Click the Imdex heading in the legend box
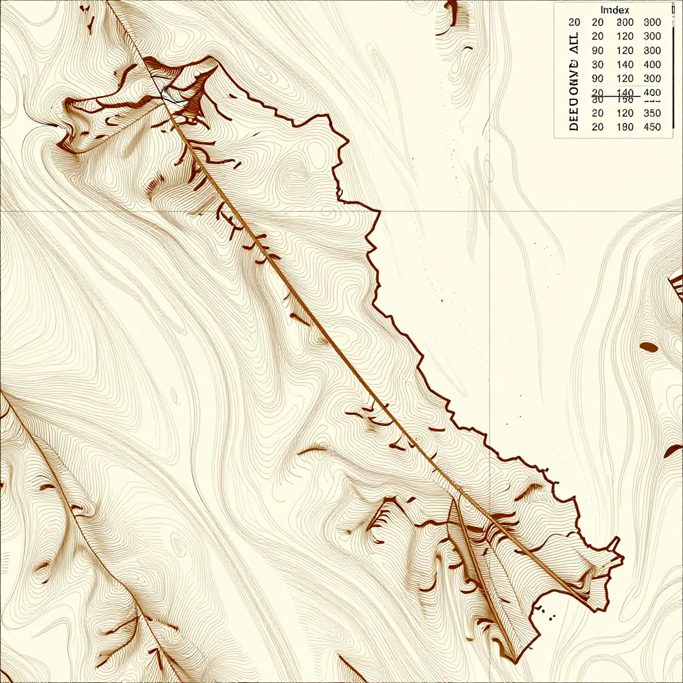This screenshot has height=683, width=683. coord(615,10)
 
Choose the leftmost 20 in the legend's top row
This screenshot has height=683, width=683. coord(574,22)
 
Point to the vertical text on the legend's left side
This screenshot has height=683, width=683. coord(574,80)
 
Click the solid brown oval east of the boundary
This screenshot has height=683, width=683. coord(649,347)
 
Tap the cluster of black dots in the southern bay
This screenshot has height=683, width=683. coord(548,612)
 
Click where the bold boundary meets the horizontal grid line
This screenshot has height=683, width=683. coord(379,212)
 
